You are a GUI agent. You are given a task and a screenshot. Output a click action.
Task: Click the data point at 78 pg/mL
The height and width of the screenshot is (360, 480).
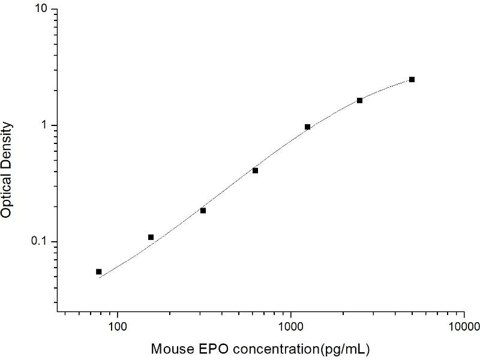point(99,272)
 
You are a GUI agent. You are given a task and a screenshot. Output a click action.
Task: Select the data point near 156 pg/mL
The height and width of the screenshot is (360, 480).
point(151,237)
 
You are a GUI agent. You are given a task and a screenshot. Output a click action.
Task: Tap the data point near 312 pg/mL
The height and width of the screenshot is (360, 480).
point(203,211)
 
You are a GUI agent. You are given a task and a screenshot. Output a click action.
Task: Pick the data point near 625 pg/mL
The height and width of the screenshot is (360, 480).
point(255,170)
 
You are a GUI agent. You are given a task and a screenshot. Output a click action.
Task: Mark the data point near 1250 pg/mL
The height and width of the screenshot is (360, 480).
point(307,127)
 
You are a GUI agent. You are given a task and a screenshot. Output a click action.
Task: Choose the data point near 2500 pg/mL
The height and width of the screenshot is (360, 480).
point(359,100)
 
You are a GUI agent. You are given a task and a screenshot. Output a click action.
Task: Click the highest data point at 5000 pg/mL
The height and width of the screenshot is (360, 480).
point(412,79)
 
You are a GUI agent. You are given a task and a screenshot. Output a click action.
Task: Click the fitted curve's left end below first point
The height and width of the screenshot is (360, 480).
point(100,278)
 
